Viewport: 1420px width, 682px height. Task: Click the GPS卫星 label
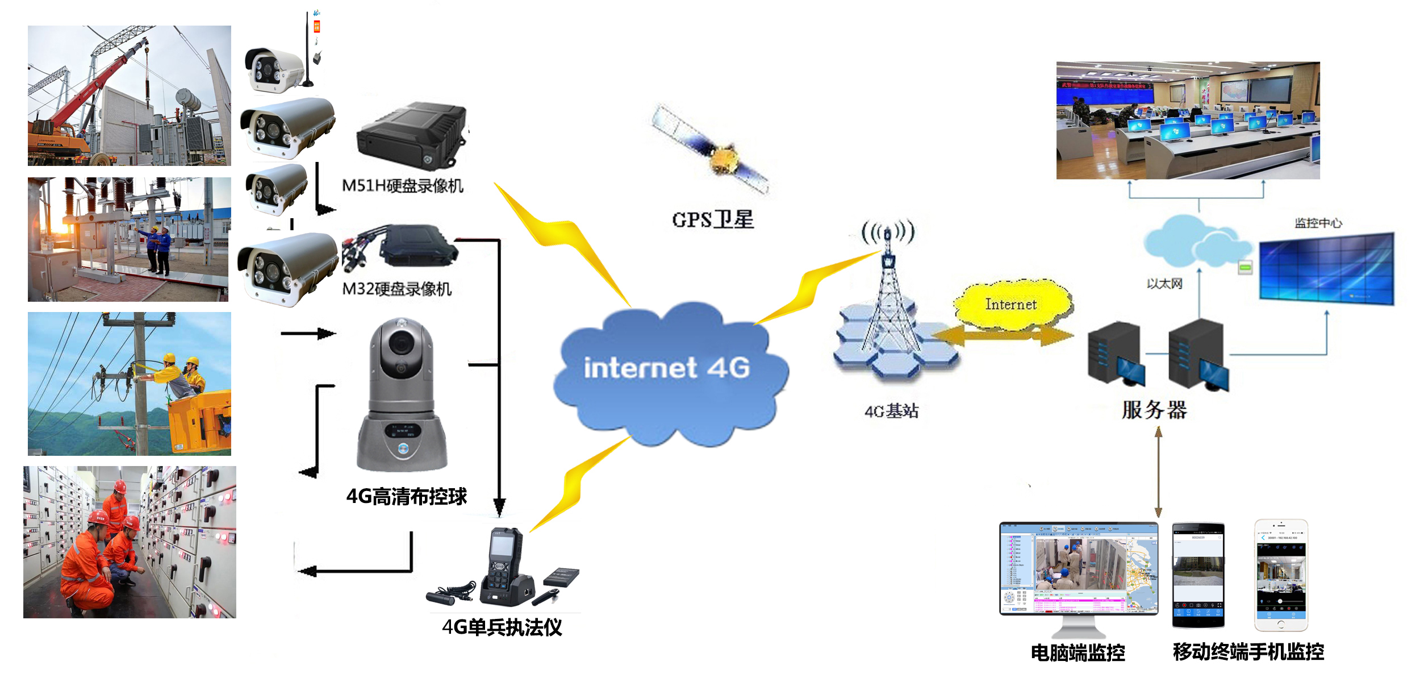pos(713,219)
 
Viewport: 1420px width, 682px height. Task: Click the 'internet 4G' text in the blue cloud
pos(667,368)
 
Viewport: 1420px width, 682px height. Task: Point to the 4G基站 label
pos(891,410)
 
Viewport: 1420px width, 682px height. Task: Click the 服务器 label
pos(1154,409)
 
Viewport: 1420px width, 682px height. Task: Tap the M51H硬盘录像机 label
pos(402,185)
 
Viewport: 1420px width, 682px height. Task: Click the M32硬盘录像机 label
pos(396,289)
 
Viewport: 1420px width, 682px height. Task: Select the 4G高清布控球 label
pos(407,496)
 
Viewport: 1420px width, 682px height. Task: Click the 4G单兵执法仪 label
pos(502,627)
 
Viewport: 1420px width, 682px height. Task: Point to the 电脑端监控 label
pos(1077,652)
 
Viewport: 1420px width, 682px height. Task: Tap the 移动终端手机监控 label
pos(1248,651)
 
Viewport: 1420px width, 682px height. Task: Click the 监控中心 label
pos(1318,223)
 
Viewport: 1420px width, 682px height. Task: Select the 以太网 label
pos(1164,283)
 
